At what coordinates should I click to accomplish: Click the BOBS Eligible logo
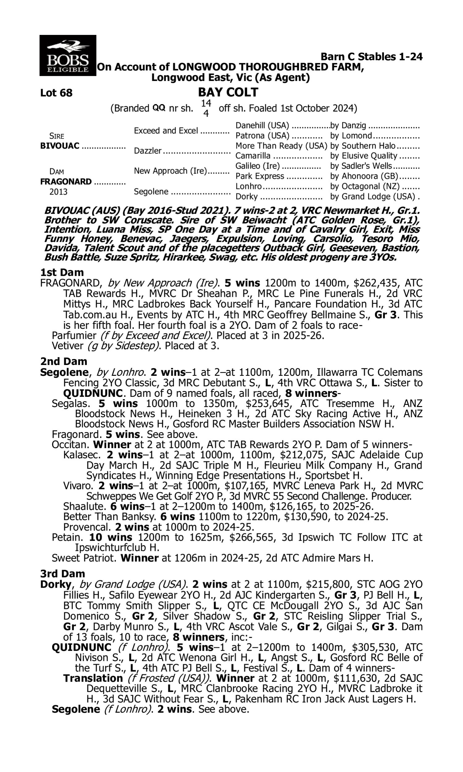point(68,56)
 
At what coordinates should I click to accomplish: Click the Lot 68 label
point(56,93)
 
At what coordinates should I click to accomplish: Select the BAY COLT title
point(228,92)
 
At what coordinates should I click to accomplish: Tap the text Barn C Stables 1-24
point(372,57)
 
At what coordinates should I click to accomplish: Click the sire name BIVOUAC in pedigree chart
point(60,146)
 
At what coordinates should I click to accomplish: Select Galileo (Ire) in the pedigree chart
point(257,166)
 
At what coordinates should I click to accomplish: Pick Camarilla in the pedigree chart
point(253,156)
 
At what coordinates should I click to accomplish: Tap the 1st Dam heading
point(62,272)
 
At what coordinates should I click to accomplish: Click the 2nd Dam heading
point(64,361)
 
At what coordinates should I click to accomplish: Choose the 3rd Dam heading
point(63,573)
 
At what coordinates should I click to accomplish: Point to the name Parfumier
point(74,335)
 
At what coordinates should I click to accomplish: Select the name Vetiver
point(67,346)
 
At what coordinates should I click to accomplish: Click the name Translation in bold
point(93,678)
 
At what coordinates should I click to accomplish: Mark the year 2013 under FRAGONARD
point(58,192)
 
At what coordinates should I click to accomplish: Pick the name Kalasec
point(82,455)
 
